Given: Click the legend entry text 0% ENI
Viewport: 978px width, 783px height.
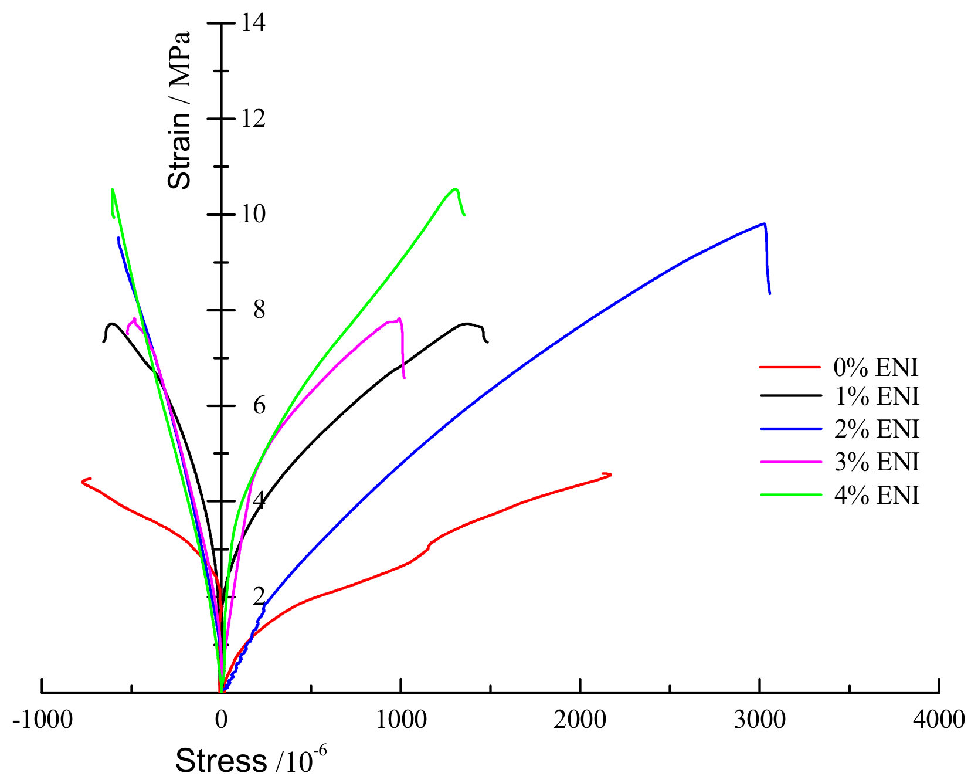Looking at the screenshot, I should (x=875, y=368).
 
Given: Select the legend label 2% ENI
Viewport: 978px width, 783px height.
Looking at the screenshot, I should (x=877, y=429).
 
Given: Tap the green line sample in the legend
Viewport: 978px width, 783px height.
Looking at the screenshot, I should (x=790, y=494).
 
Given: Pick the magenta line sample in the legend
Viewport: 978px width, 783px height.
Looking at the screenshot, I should (x=790, y=462).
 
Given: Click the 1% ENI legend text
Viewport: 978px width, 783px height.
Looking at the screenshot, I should (x=877, y=396).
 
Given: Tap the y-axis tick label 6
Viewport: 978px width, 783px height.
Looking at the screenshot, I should (x=259, y=405).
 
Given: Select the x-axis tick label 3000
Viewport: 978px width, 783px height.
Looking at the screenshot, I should (x=759, y=720).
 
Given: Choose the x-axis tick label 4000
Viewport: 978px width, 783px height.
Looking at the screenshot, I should (x=939, y=720).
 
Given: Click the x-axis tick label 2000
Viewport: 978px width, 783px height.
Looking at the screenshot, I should (x=580, y=720).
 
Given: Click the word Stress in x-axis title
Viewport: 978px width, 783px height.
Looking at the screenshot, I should (x=221, y=761).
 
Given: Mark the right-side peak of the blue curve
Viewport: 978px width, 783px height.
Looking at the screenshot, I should (x=764, y=223).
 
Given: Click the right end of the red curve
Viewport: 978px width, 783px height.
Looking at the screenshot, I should (x=610, y=474).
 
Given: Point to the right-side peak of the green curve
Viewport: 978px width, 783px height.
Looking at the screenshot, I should (x=455, y=189).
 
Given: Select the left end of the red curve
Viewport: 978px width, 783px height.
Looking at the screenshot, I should (x=83, y=482).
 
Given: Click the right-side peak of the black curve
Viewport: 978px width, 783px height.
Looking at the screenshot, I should (x=466, y=323).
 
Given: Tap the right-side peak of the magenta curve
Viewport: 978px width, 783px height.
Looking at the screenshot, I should (x=399, y=319).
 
